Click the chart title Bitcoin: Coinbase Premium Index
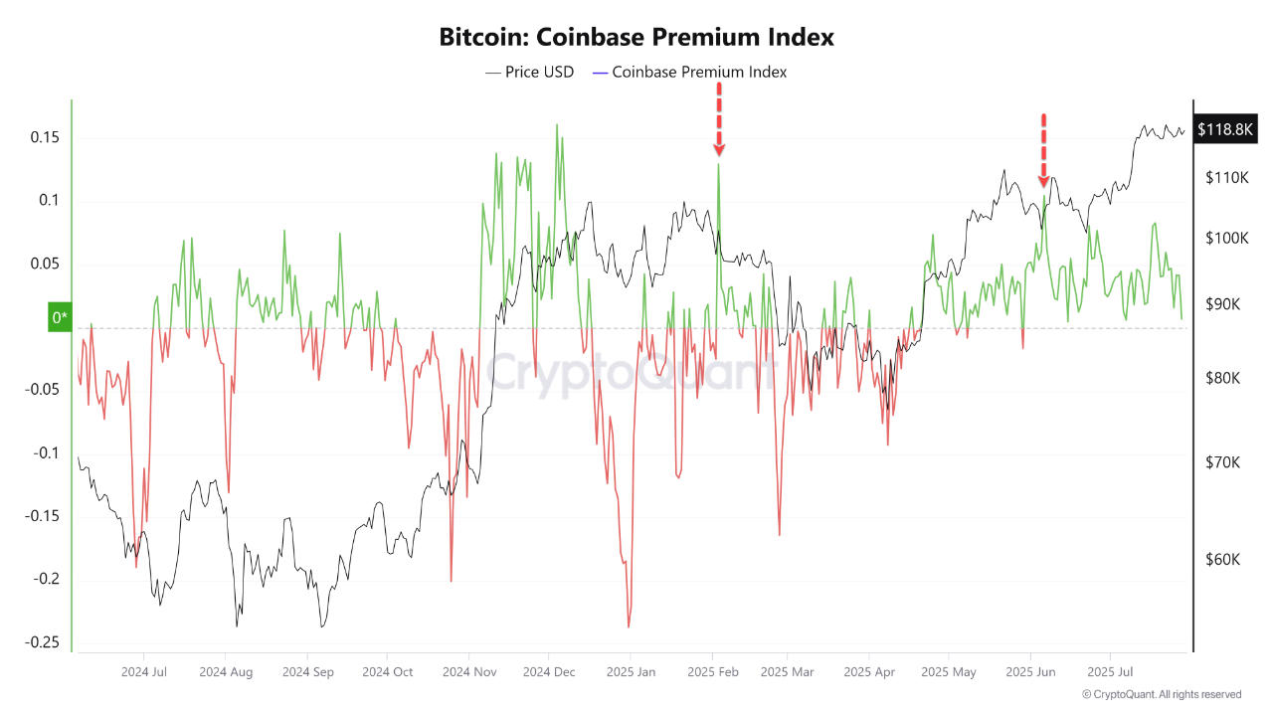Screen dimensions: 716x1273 [636, 38]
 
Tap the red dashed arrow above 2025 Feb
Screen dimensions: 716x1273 [718, 119]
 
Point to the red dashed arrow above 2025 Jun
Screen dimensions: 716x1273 [1043, 150]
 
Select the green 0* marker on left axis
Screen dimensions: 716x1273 [60, 317]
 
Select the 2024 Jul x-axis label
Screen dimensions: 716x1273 [143, 672]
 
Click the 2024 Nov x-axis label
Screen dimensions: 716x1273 [470, 672]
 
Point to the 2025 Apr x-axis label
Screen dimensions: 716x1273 [868, 672]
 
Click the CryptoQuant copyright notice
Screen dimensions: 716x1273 [1161, 694]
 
